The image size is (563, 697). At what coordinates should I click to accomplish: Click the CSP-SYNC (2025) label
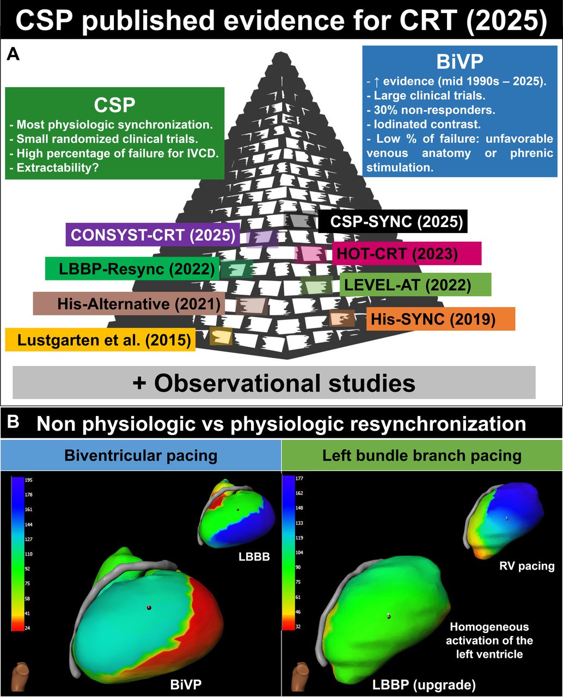pyautogui.click(x=393, y=222)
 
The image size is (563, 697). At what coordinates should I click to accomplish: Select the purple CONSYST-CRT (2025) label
pyautogui.click(x=153, y=235)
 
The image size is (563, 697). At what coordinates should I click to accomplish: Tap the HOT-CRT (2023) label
pyautogui.click(x=407, y=254)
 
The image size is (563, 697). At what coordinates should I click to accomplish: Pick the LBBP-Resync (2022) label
pyautogui.click(x=132, y=268)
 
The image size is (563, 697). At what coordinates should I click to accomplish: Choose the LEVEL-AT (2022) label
pyautogui.click(x=415, y=285)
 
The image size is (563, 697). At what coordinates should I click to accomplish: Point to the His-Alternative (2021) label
pyautogui.click(x=129, y=304)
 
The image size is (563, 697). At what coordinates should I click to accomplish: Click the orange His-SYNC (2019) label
pyautogui.click(x=440, y=319)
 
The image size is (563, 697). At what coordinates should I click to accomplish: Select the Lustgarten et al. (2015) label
pyautogui.click(x=100, y=340)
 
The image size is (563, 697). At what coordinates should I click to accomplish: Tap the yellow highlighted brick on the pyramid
pyautogui.click(x=221, y=337)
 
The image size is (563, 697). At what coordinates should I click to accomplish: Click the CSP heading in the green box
pyautogui.click(x=114, y=105)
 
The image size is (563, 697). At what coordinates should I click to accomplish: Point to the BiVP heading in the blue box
pyautogui.click(x=460, y=62)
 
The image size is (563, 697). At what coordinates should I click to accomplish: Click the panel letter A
pyautogui.click(x=13, y=54)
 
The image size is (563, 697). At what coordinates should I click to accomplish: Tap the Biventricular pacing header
pyautogui.click(x=141, y=456)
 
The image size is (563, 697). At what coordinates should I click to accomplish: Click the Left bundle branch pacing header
pyautogui.click(x=422, y=456)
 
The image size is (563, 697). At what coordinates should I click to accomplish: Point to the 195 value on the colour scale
pyautogui.click(x=28, y=480)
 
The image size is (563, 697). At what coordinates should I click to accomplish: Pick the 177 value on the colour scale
pyautogui.click(x=299, y=479)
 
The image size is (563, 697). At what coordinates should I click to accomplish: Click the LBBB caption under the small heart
pyautogui.click(x=254, y=557)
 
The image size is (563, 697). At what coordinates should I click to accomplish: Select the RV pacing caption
pyautogui.click(x=527, y=566)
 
